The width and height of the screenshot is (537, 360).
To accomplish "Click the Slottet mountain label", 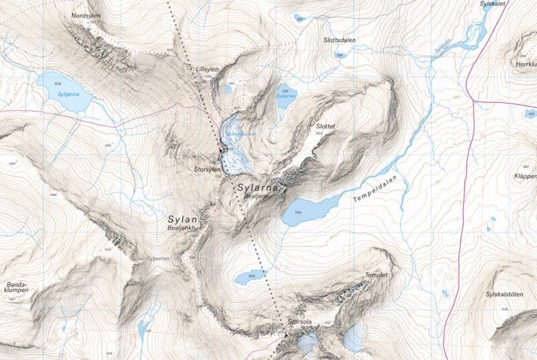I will (x=325, y=126).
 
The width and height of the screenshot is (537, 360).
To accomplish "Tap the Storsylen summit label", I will (x=207, y=170).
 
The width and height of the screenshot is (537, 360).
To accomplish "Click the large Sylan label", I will (x=183, y=219).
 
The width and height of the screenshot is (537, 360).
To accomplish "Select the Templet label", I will (x=377, y=275).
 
